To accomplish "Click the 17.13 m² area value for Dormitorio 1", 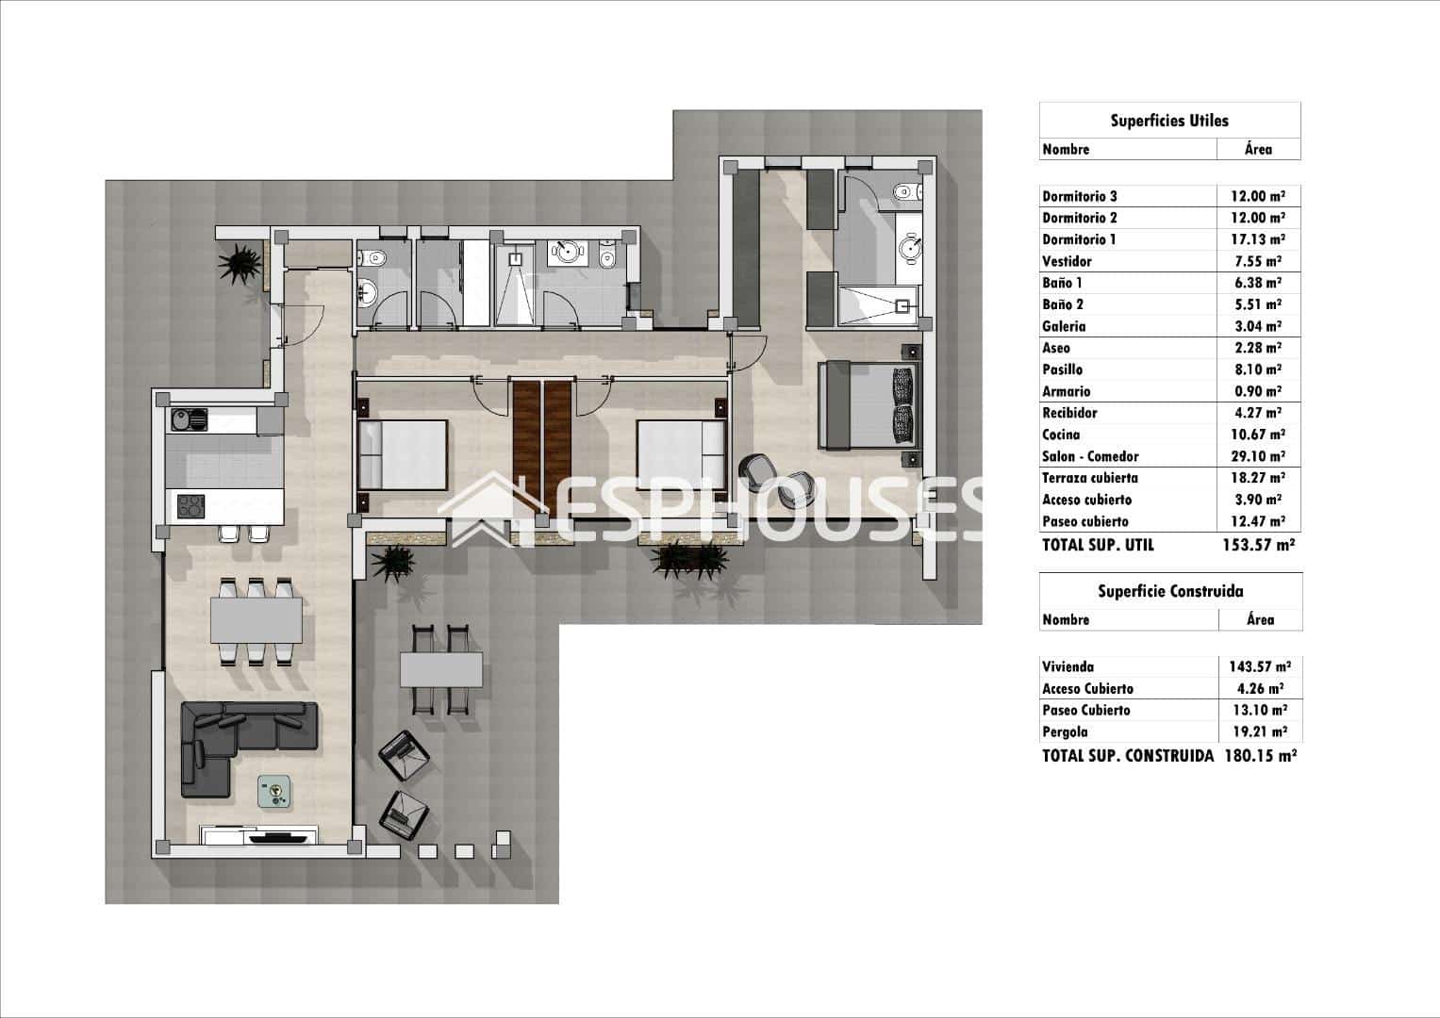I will point(1257,239).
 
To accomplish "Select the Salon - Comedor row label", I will point(1090,456).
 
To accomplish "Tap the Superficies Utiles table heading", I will point(1169,121).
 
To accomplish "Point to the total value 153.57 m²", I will point(1259,545).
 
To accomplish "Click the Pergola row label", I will point(1065,731).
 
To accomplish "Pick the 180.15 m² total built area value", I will point(1260,755).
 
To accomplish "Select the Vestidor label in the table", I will point(1067,261).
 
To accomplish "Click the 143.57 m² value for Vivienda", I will point(1260,666).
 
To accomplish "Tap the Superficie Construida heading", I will point(1170,591).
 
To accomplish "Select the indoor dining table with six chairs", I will point(256,620).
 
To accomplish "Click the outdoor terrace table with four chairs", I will point(441,670).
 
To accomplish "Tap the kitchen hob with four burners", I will point(190,507).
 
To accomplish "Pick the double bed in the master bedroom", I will point(866,404).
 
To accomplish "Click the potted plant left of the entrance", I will point(240,261).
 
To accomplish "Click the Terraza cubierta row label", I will point(1089,478).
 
